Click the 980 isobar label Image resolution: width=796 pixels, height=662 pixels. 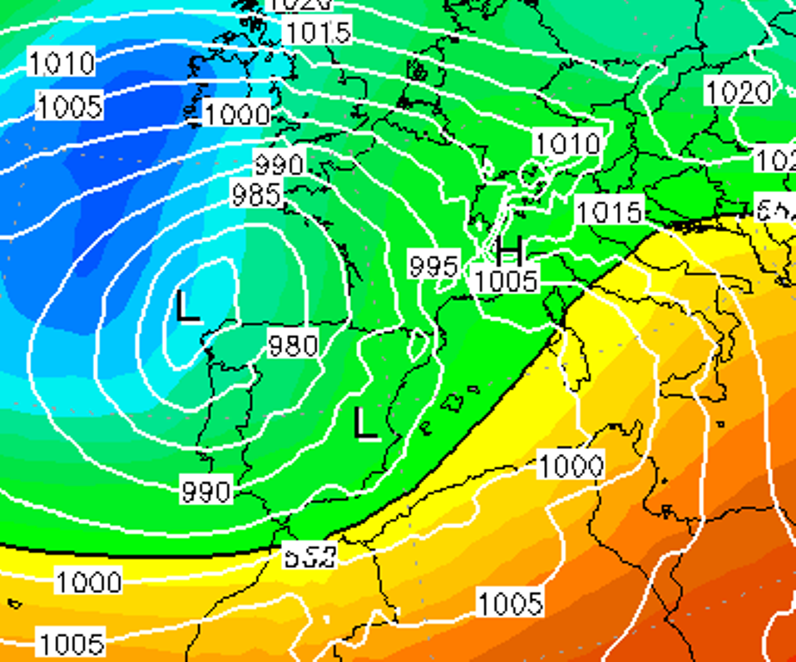(293, 346)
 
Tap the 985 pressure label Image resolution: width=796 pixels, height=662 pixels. (256, 195)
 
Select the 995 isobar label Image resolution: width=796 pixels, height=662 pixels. (434, 265)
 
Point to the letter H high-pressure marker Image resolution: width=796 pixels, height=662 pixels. (510, 251)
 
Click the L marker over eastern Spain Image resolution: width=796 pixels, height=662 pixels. (367, 424)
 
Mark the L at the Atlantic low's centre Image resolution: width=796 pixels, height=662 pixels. (188, 308)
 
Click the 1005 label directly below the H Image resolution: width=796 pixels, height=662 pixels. (506, 280)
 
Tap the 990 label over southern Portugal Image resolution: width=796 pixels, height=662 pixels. (207, 491)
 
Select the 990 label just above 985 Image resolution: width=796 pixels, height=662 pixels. (279, 164)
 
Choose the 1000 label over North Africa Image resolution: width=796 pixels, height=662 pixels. (571, 466)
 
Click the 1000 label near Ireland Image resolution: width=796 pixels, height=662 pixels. (238, 114)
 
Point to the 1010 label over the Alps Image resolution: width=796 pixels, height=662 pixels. (567, 143)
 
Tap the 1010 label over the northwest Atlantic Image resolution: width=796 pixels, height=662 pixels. (62, 63)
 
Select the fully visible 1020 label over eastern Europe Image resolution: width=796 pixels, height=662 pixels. (738, 92)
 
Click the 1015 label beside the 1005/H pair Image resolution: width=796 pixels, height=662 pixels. (610, 211)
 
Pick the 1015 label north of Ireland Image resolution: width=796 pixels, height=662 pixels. (318, 33)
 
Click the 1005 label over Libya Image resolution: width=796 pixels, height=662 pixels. (511, 603)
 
